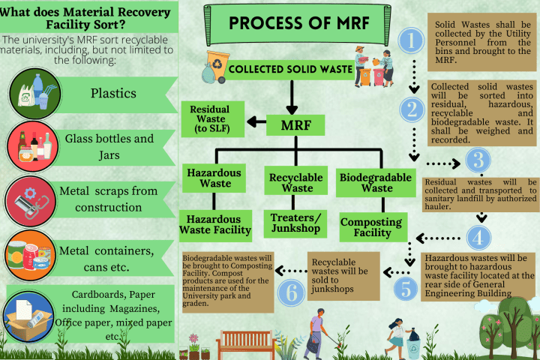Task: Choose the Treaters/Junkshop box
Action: (295, 223)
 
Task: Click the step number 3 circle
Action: (477, 160)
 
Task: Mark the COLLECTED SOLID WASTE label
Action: (290, 70)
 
